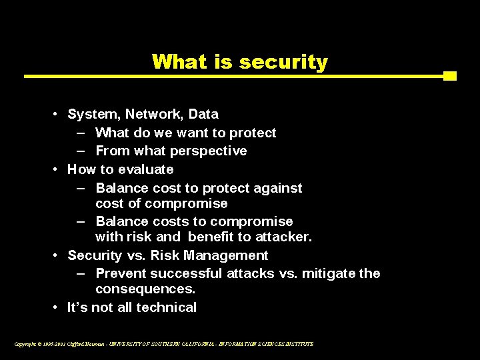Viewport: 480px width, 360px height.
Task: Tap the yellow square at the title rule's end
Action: (450, 76)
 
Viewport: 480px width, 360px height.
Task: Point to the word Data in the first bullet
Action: (203, 115)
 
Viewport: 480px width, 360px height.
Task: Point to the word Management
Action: (226, 255)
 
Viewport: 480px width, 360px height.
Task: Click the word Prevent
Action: (121, 273)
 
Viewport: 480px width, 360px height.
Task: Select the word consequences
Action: (145, 289)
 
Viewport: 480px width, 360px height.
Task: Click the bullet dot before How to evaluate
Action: (57, 170)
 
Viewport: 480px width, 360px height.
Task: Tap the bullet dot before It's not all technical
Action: (57, 308)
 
